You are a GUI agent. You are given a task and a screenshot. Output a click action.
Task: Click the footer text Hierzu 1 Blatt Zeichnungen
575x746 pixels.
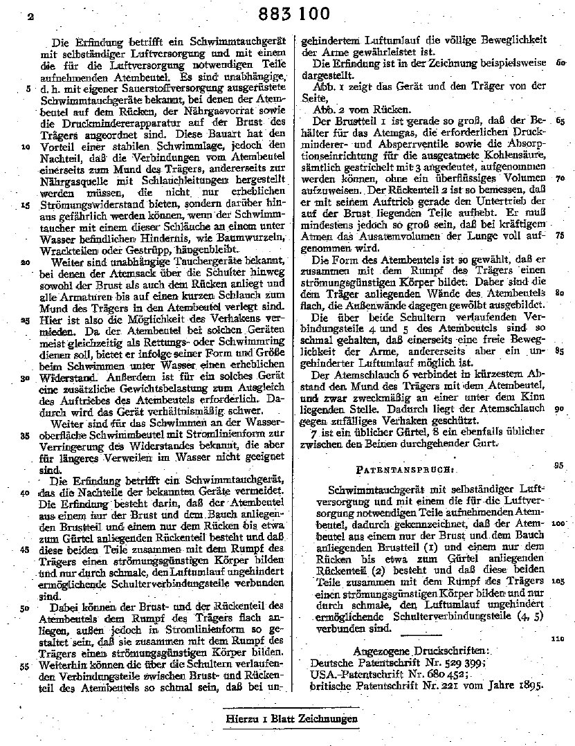click(291, 719)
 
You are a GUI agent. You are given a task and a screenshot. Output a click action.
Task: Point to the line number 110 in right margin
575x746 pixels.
click(558, 639)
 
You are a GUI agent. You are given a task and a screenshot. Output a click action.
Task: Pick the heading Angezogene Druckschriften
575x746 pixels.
click(421, 651)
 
